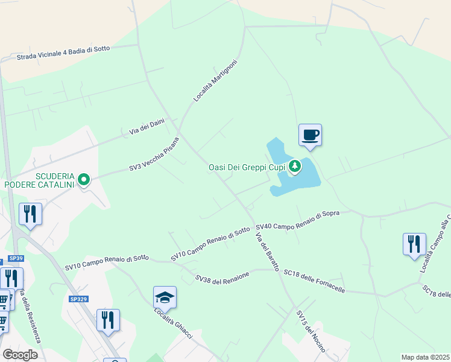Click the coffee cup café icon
point(310,135)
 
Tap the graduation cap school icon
point(165,297)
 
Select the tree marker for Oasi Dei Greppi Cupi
point(294,166)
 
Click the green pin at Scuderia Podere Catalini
point(84,179)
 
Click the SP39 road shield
point(17,259)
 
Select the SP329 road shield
point(78,299)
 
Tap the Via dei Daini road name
point(147,127)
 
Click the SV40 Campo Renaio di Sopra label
point(298,220)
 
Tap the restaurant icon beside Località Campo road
point(414,244)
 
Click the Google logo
point(20,355)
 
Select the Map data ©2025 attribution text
point(424,357)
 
